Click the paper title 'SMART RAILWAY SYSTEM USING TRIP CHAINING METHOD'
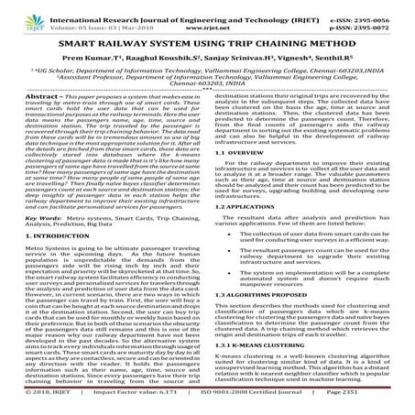tap(207, 43)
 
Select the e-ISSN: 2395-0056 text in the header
tap(374, 9)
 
